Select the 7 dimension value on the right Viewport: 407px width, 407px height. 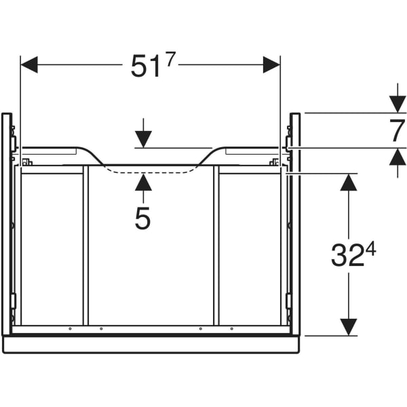point(397,130)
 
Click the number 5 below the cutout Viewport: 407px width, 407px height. point(142,218)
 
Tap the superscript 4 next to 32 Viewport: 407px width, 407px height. point(370,249)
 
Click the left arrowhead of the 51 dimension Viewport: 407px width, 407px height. point(29,64)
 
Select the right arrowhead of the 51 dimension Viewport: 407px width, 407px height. point(271,64)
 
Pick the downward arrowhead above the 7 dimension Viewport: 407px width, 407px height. point(398,104)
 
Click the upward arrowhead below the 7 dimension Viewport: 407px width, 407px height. point(398,157)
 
